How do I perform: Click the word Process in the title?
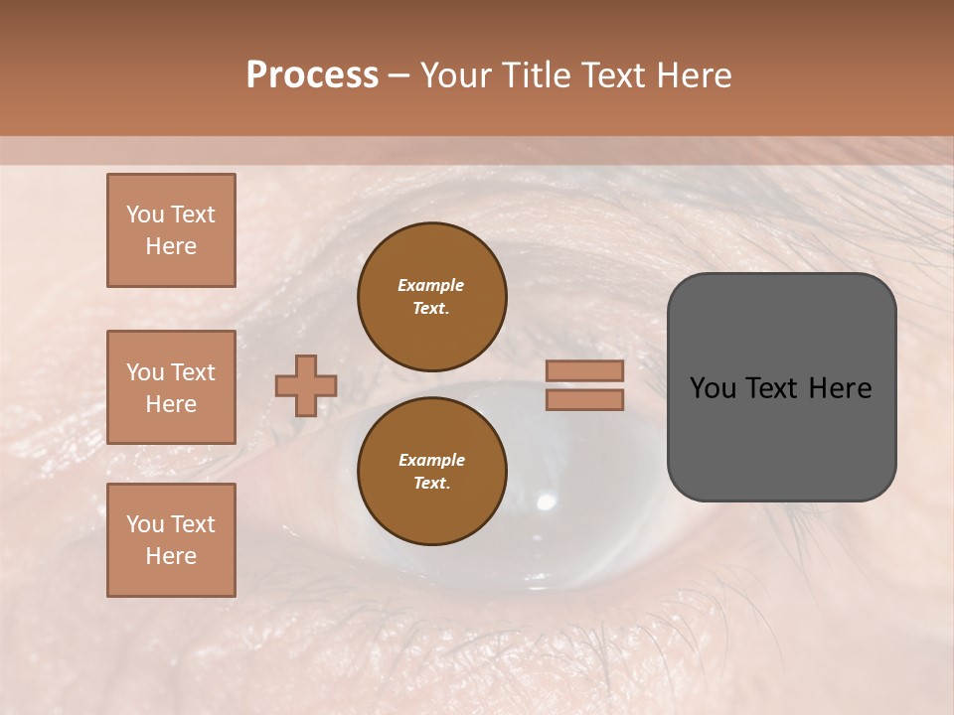click(x=312, y=75)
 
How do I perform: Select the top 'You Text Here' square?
click(x=171, y=230)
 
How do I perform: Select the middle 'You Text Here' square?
click(x=171, y=387)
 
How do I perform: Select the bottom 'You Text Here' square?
click(x=171, y=540)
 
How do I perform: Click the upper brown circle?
click(x=431, y=296)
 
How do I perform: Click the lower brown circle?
click(x=431, y=471)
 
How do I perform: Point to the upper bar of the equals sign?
click(x=584, y=371)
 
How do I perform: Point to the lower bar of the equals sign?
click(x=584, y=399)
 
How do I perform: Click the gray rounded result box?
click(x=781, y=437)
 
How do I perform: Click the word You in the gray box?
click(x=714, y=388)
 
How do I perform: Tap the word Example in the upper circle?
click(x=430, y=285)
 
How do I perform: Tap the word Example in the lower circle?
click(x=431, y=460)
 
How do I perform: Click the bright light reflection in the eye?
click(x=546, y=500)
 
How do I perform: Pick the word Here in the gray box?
click(x=840, y=388)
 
